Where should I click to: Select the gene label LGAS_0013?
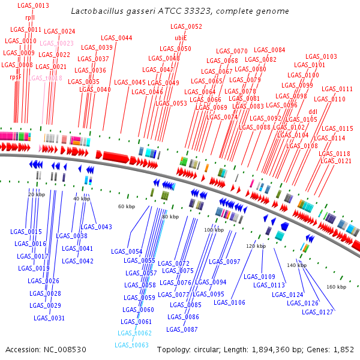[x=34, y=5]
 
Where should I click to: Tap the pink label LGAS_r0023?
[x=57, y=43]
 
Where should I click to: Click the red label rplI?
[x=30, y=17]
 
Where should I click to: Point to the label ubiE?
[x=181, y=37]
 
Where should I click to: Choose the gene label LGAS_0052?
[x=186, y=26]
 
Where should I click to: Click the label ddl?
[x=313, y=112]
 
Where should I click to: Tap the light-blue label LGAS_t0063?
[x=133, y=345]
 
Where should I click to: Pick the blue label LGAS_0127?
[x=318, y=312]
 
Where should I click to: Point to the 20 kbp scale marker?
[x=37, y=194]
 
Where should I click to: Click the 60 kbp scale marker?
[x=126, y=206]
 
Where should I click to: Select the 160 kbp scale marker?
[x=337, y=287]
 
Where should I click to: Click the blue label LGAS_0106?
[x=230, y=302]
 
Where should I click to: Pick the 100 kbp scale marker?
[x=214, y=230]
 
